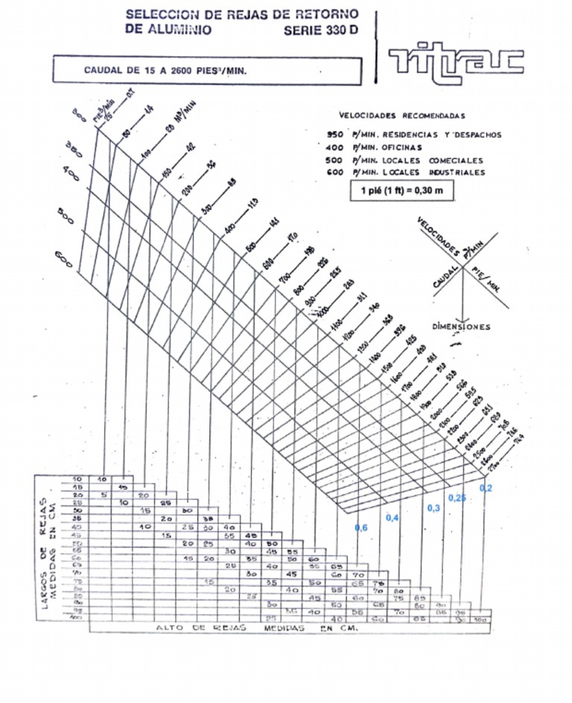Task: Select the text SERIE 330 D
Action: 320,31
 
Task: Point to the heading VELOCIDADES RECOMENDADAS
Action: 401,116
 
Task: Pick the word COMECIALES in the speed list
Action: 455,160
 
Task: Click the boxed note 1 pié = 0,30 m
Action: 401,190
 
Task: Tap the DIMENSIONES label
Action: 461,327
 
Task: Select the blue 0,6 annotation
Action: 361,528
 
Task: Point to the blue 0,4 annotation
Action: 393,517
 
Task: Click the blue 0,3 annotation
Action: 433,508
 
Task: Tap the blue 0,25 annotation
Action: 457,497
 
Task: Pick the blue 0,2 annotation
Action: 486,488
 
